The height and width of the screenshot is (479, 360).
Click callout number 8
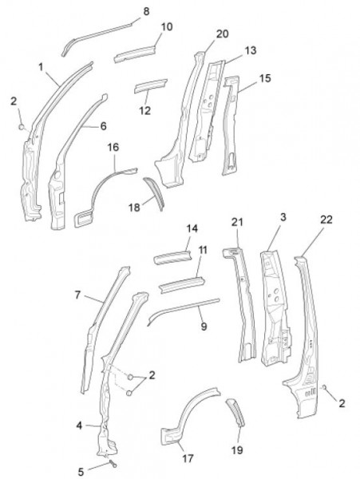(146, 12)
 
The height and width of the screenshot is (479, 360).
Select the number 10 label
(167, 27)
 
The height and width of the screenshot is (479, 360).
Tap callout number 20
(222, 34)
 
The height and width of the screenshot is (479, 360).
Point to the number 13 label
(251, 50)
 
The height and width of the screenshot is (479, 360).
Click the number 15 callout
(265, 78)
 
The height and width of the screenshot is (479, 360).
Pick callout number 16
(113, 147)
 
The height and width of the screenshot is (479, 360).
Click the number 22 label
(326, 220)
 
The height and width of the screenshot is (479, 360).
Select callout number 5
(81, 472)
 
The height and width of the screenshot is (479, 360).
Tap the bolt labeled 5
(113, 465)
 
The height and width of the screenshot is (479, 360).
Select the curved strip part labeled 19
(235, 413)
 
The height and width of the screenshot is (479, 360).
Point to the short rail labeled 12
(151, 85)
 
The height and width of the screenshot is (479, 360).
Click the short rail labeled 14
(173, 258)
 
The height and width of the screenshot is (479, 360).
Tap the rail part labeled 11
(182, 285)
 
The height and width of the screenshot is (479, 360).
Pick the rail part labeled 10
(134, 54)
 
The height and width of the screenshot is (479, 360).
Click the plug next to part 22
(324, 387)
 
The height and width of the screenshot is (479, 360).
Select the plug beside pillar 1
(22, 126)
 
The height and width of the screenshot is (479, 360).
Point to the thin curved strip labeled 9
(184, 308)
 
